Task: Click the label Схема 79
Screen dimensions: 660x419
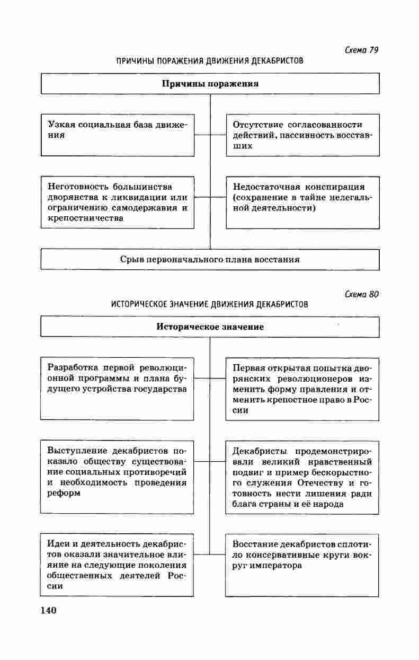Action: (x=362, y=50)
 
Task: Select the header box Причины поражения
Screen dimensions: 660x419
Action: (x=210, y=84)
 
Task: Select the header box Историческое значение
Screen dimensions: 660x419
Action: (x=210, y=327)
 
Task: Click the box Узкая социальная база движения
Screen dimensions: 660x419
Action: (x=118, y=135)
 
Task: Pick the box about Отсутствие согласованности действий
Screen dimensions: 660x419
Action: (x=302, y=135)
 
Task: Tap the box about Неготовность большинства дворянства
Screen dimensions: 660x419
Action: (x=118, y=202)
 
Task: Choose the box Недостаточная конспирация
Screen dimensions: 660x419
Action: (x=302, y=202)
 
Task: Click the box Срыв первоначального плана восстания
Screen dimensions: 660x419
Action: (x=210, y=260)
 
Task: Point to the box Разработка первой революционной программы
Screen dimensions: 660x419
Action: (x=118, y=389)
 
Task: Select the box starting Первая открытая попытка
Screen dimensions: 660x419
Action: (x=302, y=389)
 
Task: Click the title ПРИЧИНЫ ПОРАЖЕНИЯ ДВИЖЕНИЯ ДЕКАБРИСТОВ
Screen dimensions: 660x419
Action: (x=210, y=61)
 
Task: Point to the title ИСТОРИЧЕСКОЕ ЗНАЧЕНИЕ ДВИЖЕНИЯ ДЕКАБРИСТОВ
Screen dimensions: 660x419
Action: (x=210, y=305)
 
